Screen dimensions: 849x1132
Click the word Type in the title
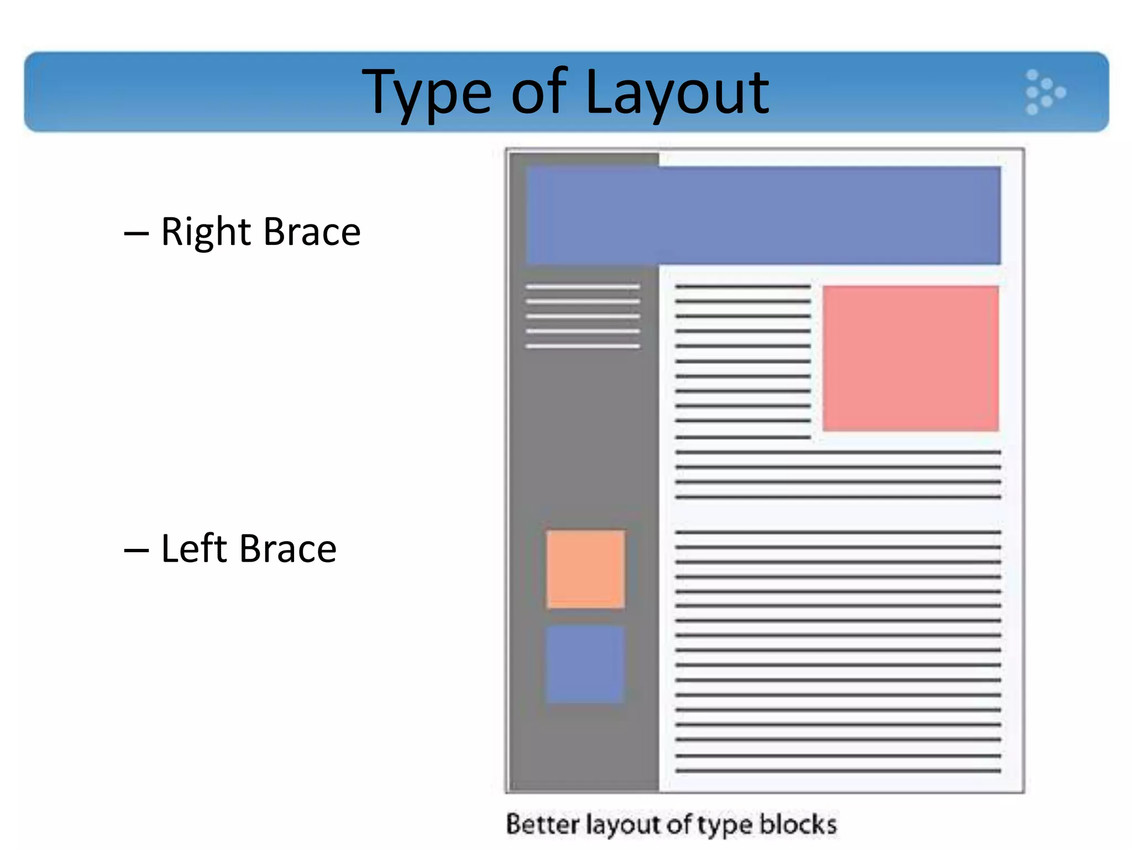[426, 93]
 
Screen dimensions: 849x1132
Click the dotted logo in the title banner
[1044, 92]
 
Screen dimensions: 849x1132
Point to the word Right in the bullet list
[206, 232]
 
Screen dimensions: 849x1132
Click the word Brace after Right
[312, 232]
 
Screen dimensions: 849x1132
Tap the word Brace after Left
[288, 549]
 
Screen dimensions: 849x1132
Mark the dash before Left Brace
[136, 551]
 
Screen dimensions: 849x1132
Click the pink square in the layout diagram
[910, 358]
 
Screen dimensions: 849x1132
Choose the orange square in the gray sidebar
[585, 569]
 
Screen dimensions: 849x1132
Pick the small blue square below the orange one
[585, 664]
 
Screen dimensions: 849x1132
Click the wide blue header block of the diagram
[763, 215]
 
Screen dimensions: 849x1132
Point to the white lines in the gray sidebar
[583, 317]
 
